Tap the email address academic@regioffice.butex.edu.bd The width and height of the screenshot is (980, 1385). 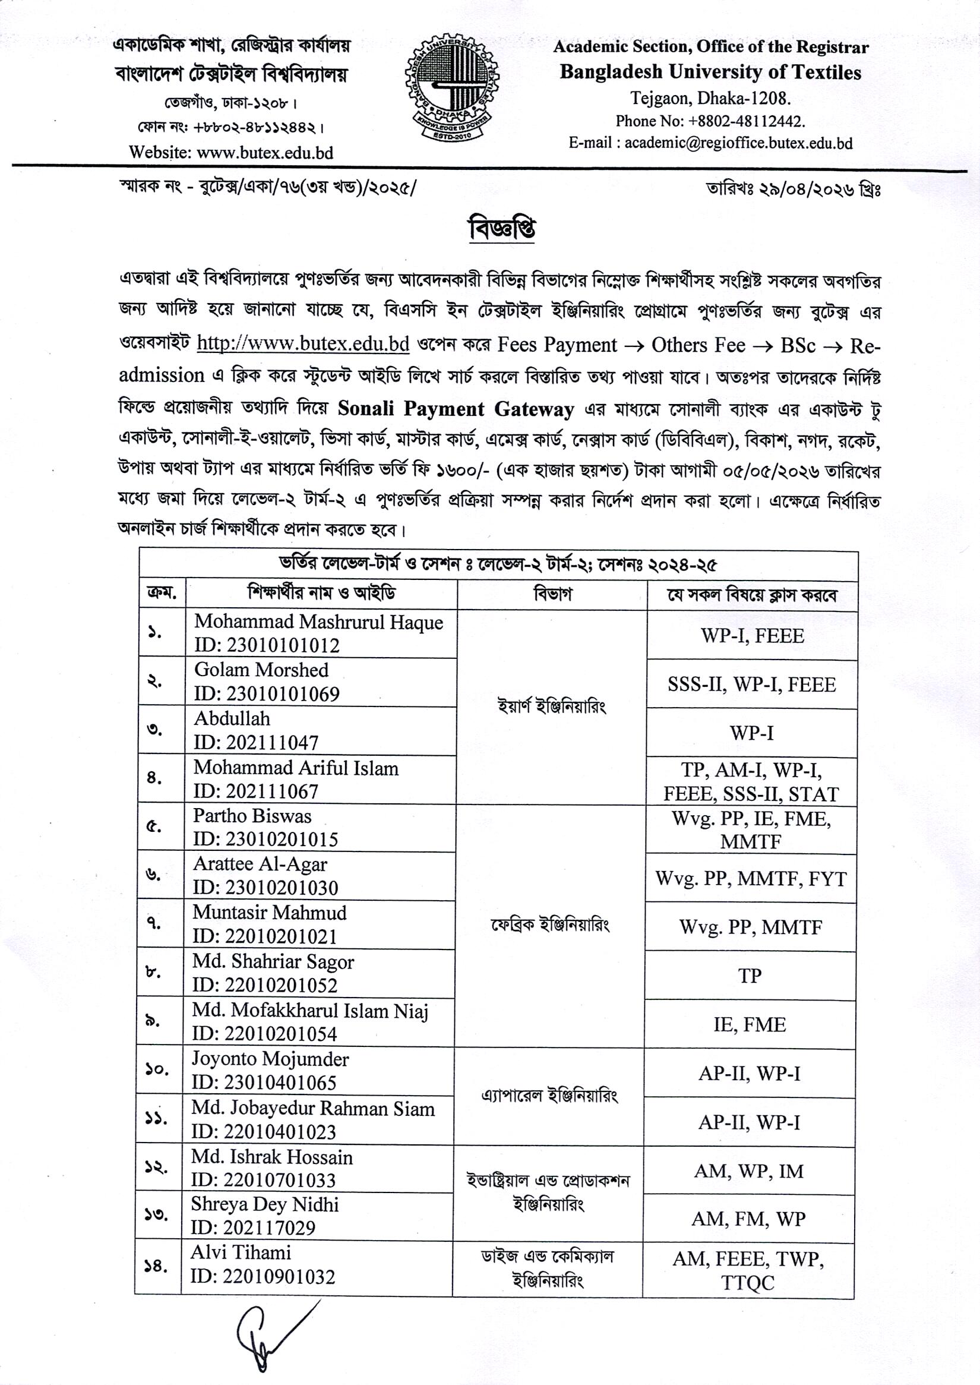pos(738,143)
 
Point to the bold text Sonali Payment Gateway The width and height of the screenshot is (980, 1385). pos(456,409)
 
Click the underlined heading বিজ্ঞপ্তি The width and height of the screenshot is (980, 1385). pos(502,229)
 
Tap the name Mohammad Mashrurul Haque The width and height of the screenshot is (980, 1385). pos(318,623)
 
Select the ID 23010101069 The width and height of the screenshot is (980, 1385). pos(267,694)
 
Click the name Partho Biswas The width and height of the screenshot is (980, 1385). pos(252,816)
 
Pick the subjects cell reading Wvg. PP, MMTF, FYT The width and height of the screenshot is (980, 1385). pos(751,878)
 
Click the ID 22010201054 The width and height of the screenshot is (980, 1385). pos(264,1034)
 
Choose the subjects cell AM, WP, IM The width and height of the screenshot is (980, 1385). pos(749,1171)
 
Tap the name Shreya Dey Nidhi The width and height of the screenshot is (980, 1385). pos(264,1204)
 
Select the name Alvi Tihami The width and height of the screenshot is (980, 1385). pos(241,1253)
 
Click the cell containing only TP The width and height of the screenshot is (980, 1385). pos(750,976)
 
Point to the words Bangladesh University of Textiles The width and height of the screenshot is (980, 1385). pos(710,72)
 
